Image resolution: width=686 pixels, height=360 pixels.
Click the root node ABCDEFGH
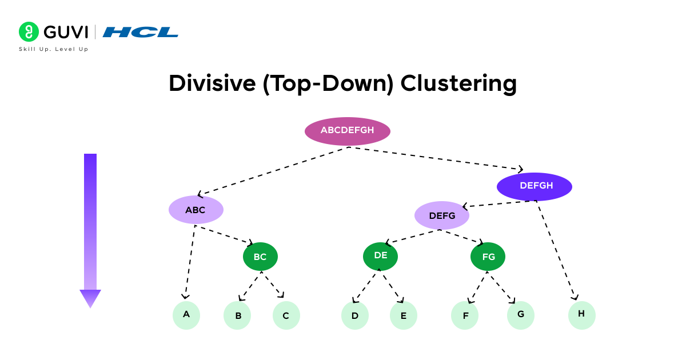(347, 131)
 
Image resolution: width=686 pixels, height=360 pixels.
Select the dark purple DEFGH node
(534, 186)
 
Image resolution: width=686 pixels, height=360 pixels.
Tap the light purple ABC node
(196, 210)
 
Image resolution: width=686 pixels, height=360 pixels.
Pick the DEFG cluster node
(441, 215)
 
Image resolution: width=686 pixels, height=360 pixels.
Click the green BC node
(260, 257)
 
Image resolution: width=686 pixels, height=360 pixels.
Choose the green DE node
(380, 256)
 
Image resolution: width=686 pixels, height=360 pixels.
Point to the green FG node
(488, 257)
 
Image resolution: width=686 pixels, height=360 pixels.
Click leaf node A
(186, 315)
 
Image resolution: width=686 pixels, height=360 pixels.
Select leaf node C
(286, 315)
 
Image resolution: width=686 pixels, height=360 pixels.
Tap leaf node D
(354, 315)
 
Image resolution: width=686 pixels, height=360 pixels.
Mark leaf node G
(520, 315)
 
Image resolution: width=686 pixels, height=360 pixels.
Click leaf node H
(581, 314)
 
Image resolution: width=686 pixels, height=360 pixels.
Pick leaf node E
(403, 315)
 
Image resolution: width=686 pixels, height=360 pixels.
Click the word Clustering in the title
(458, 83)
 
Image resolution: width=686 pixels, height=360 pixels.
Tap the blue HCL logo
(141, 32)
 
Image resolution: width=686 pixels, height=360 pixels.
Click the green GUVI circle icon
(29, 32)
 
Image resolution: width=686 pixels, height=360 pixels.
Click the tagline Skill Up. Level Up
(54, 49)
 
